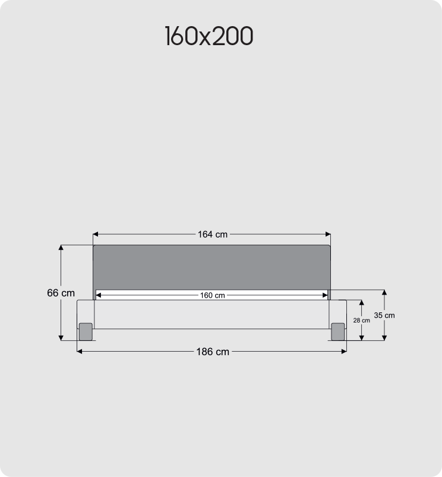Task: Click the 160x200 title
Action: point(209,37)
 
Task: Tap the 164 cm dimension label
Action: point(213,234)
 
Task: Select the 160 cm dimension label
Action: point(212,295)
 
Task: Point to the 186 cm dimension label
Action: point(213,352)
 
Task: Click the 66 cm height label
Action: point(61,293)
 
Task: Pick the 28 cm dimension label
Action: point(361,320)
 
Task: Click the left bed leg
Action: point(86,331)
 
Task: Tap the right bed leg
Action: point(338,331)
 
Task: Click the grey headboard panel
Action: point(211,267)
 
